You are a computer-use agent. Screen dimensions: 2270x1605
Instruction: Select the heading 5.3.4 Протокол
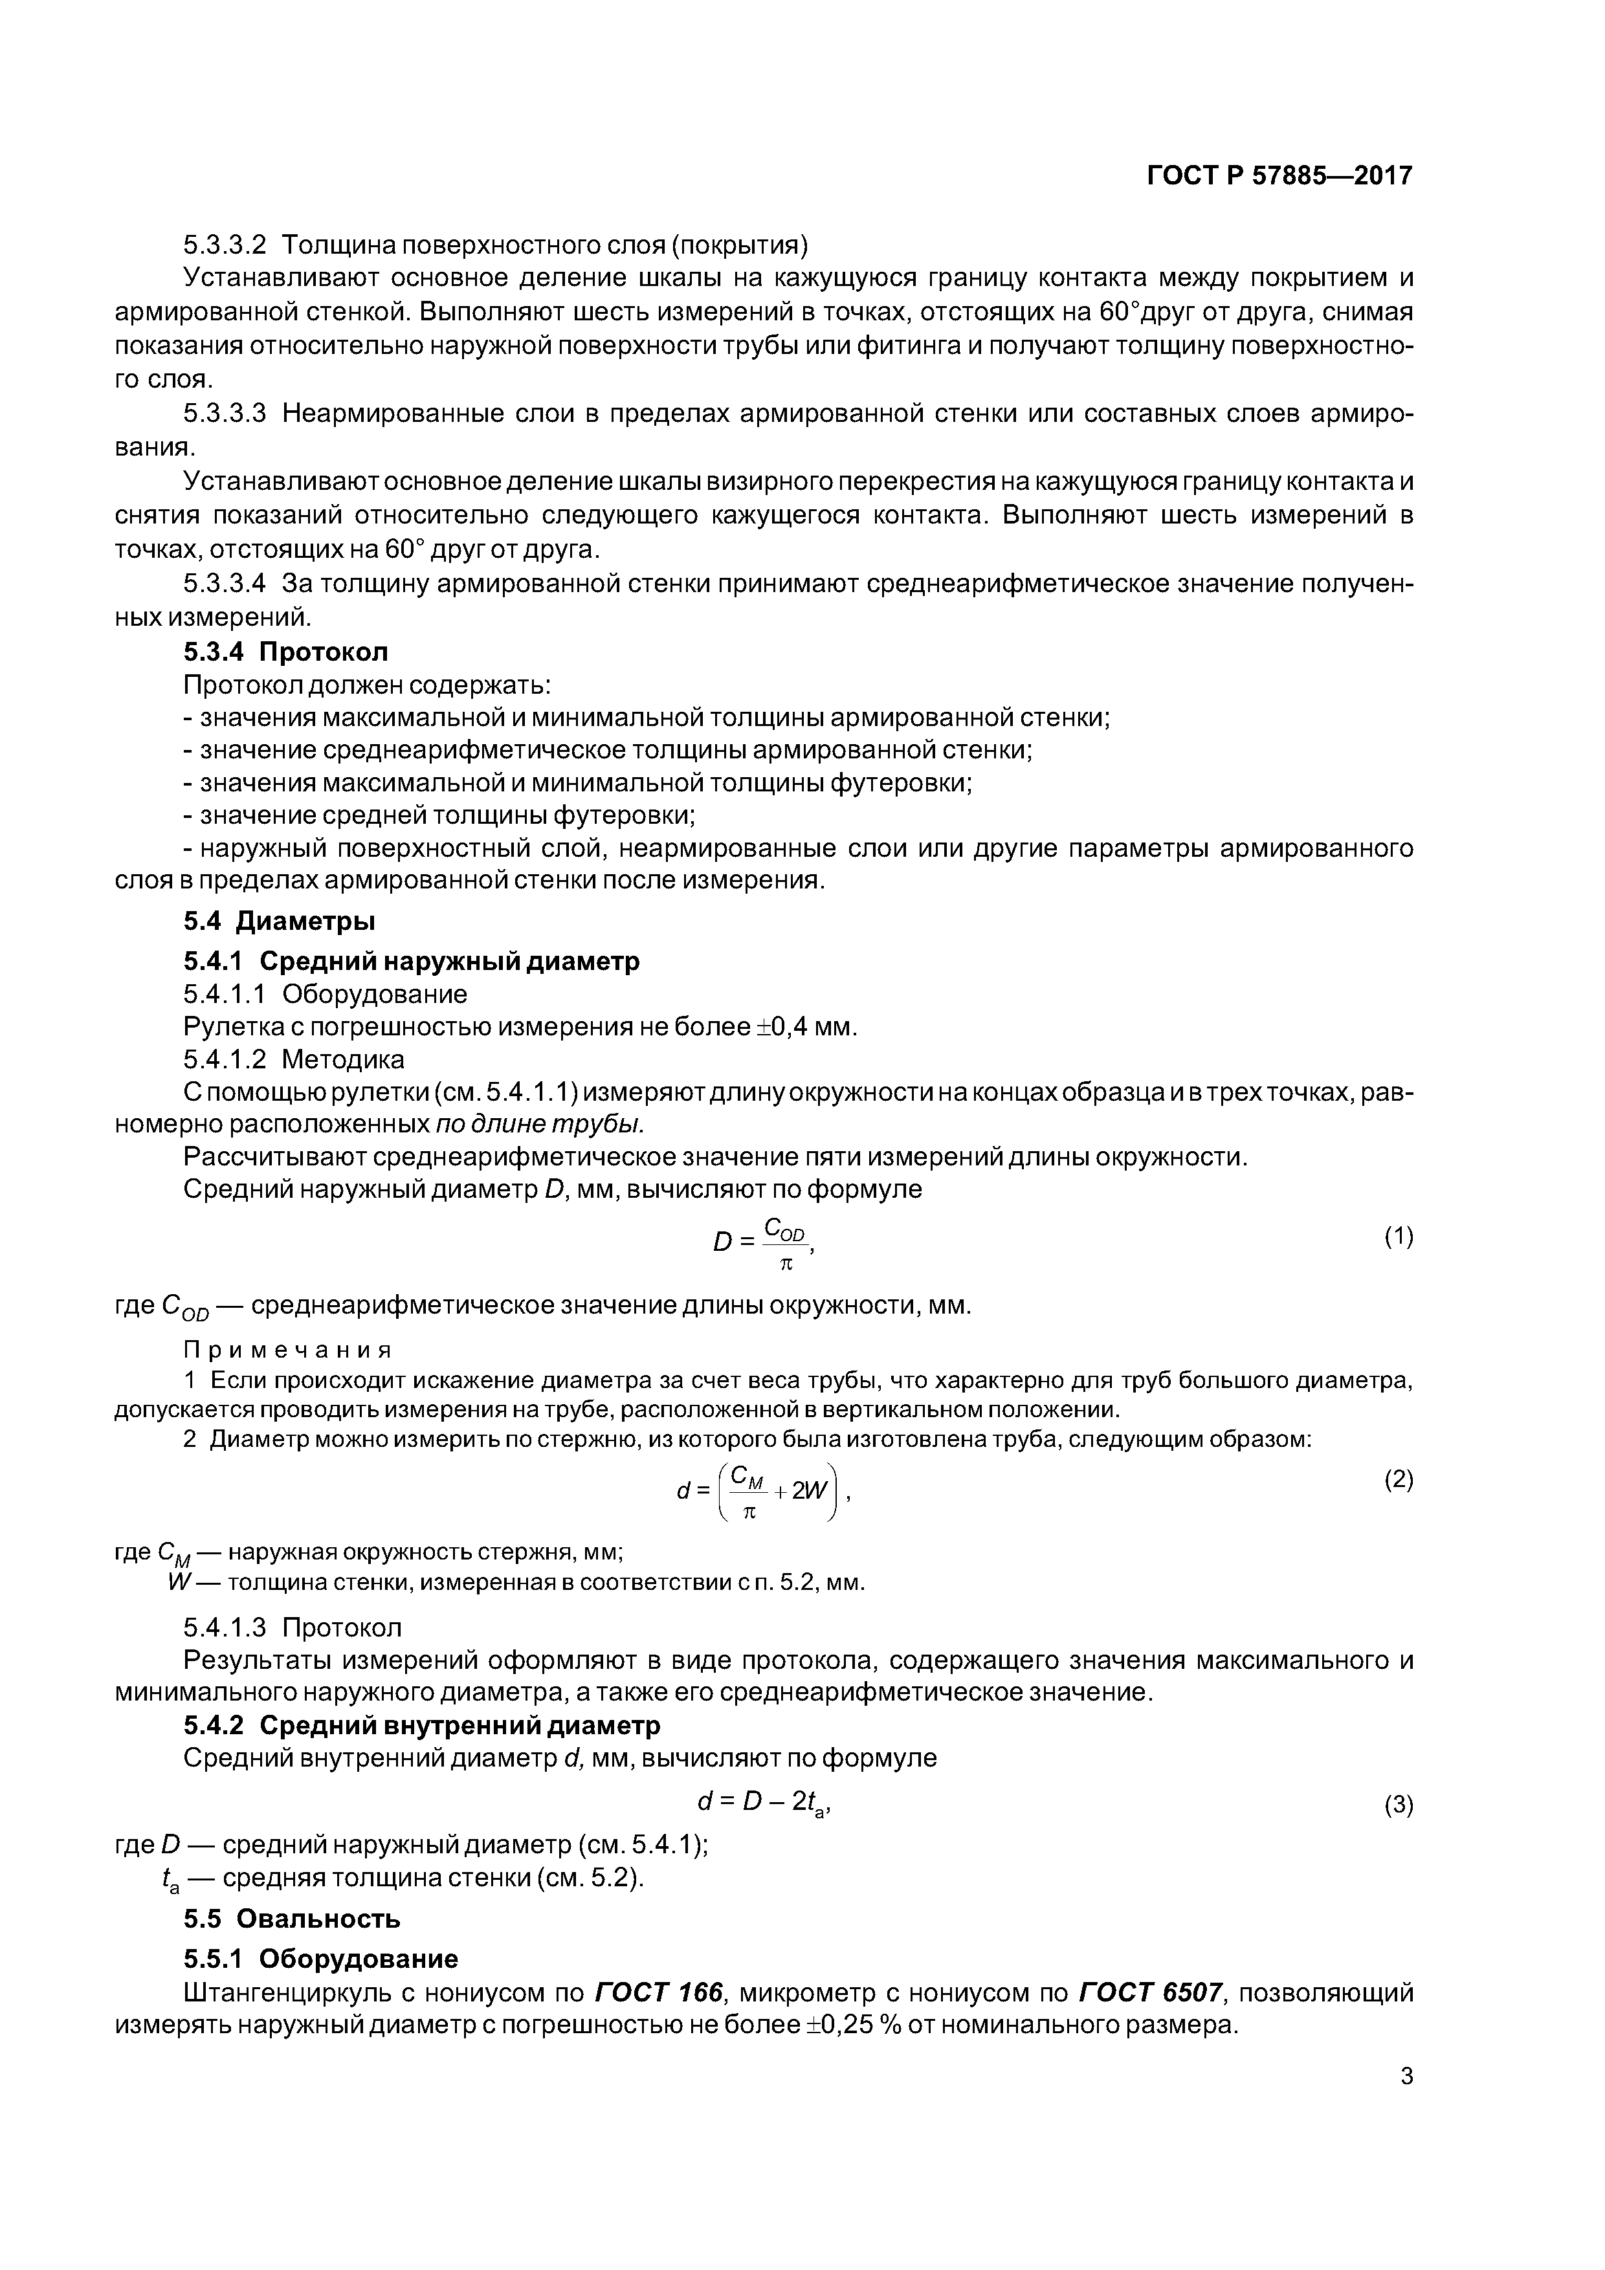286,652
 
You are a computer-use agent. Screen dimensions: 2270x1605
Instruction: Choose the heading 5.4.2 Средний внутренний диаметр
421,1725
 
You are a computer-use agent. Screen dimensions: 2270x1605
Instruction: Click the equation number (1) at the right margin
1399,1237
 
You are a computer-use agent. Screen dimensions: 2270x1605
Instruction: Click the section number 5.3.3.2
225,244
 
